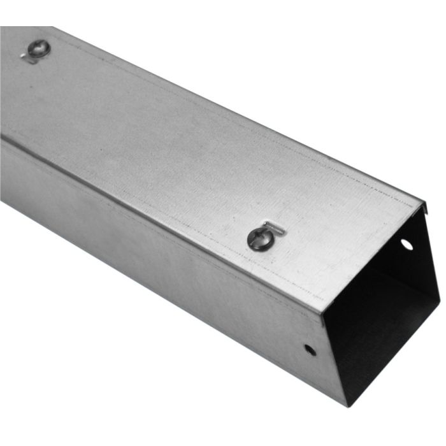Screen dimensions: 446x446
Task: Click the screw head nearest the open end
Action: tap(257, 238)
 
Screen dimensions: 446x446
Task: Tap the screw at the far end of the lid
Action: tap(38, 48)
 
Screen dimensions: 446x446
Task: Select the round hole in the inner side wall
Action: tap(406, 244)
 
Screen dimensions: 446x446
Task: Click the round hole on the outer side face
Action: tap(308, 349)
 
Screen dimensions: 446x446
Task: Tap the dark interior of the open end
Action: tap(376, 319)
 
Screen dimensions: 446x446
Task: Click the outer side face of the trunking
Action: tap(159, 268)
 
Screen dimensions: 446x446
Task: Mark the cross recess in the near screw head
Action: tap(257, 238)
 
